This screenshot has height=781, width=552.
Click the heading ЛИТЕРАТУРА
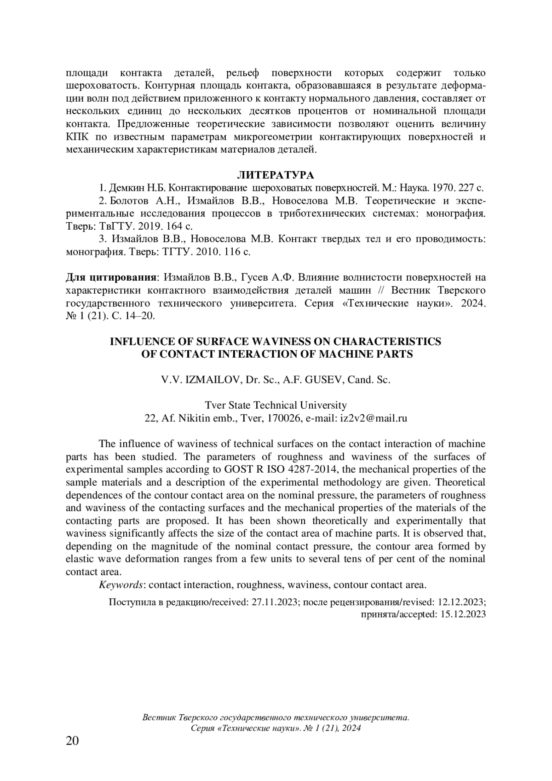[x=276, y=175]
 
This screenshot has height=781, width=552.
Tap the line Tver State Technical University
[x=276, y=405]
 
